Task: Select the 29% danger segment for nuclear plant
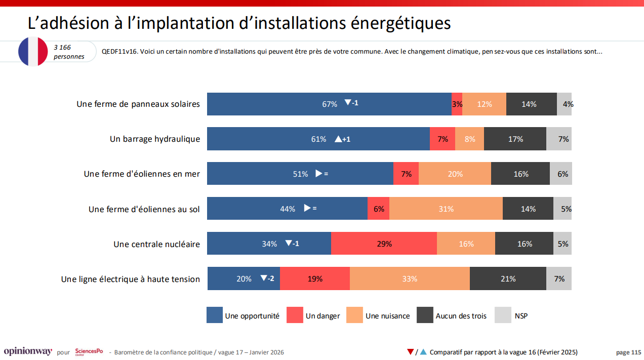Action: click(384, 244)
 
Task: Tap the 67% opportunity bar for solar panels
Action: click(329, 104)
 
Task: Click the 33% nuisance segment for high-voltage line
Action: click(410, 278)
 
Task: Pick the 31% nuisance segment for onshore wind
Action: click(446, 209)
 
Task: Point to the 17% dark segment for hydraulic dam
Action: click(515, 139)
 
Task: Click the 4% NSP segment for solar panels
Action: click(565, 104)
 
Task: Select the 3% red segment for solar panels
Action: click(457, 104)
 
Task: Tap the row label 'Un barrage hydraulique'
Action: click(155, 139)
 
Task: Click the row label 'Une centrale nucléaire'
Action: click(156, 244)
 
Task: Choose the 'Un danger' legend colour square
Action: click(294, 315)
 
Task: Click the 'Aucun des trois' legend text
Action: click(461, 316)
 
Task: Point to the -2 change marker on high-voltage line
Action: click(267, 278)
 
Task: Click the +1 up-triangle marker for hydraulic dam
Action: click(342, 139)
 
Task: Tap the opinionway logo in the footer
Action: click(28, 351)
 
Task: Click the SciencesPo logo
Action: click(89, 351)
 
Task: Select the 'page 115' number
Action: click(628, 352)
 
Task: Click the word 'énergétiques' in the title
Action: click(392, 23)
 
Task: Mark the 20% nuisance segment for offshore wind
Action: click(455, 174)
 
